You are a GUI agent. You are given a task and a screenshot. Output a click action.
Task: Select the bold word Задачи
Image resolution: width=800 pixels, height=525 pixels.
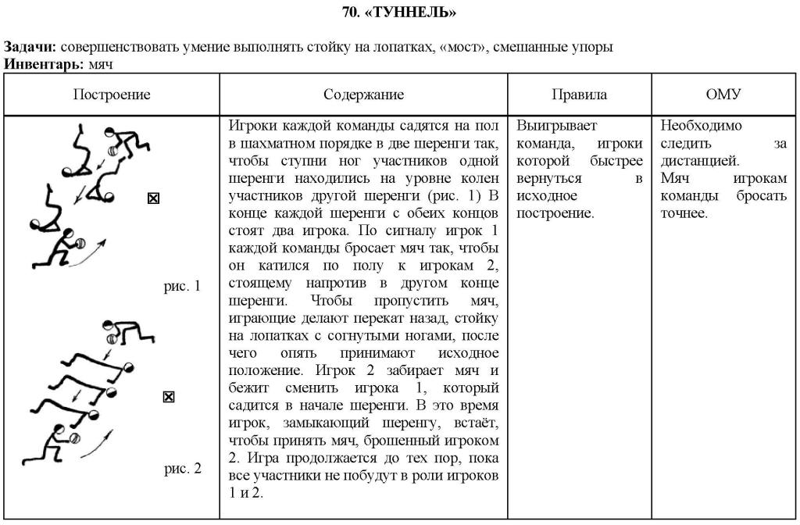point(30,47)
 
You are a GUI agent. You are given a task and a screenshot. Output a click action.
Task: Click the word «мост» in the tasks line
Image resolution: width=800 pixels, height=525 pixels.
point(466,47)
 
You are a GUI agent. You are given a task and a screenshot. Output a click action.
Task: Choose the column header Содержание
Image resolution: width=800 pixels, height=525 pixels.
point(363,95)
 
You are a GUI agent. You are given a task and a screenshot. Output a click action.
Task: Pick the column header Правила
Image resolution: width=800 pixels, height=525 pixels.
point(579,95)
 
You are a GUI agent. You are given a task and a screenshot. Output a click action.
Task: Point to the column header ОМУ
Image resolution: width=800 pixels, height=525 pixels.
point(723,95)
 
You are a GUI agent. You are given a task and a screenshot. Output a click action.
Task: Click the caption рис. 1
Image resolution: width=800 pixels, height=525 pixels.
point(182,286)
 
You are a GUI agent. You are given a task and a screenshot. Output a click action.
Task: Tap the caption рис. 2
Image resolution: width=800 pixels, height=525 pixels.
point(182,469)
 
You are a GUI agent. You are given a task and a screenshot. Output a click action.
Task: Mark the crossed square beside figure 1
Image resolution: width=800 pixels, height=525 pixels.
point(153,198)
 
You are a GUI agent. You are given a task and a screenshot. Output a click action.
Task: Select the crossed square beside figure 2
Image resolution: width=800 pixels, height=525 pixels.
point(168,397)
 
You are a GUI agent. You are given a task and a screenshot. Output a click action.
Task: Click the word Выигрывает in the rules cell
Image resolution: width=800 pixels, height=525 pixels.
point(551,125)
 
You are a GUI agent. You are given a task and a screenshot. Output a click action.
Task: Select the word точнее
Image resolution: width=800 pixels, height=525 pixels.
point(684,213)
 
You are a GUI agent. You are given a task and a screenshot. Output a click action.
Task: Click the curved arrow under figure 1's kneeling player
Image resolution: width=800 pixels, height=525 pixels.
point(85,256)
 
